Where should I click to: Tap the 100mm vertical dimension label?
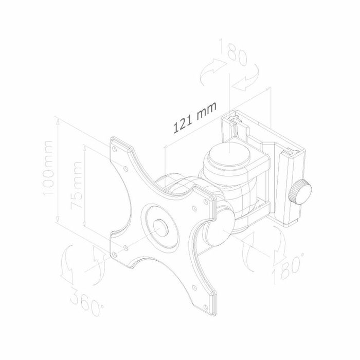click(x=48, y=168)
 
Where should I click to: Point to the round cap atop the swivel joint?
click(x=228, y=154)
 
